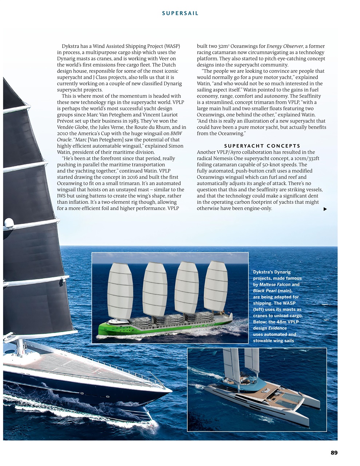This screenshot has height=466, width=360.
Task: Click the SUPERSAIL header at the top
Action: coord(180,13)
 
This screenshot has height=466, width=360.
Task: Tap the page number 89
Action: coord(334,453)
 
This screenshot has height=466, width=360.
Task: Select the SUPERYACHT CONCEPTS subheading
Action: coord(262,146)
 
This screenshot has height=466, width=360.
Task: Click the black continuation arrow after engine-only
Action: coord(325,209)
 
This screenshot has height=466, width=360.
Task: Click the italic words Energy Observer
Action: coord(285,46)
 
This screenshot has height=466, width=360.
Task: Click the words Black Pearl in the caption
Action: coord(265,291)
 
